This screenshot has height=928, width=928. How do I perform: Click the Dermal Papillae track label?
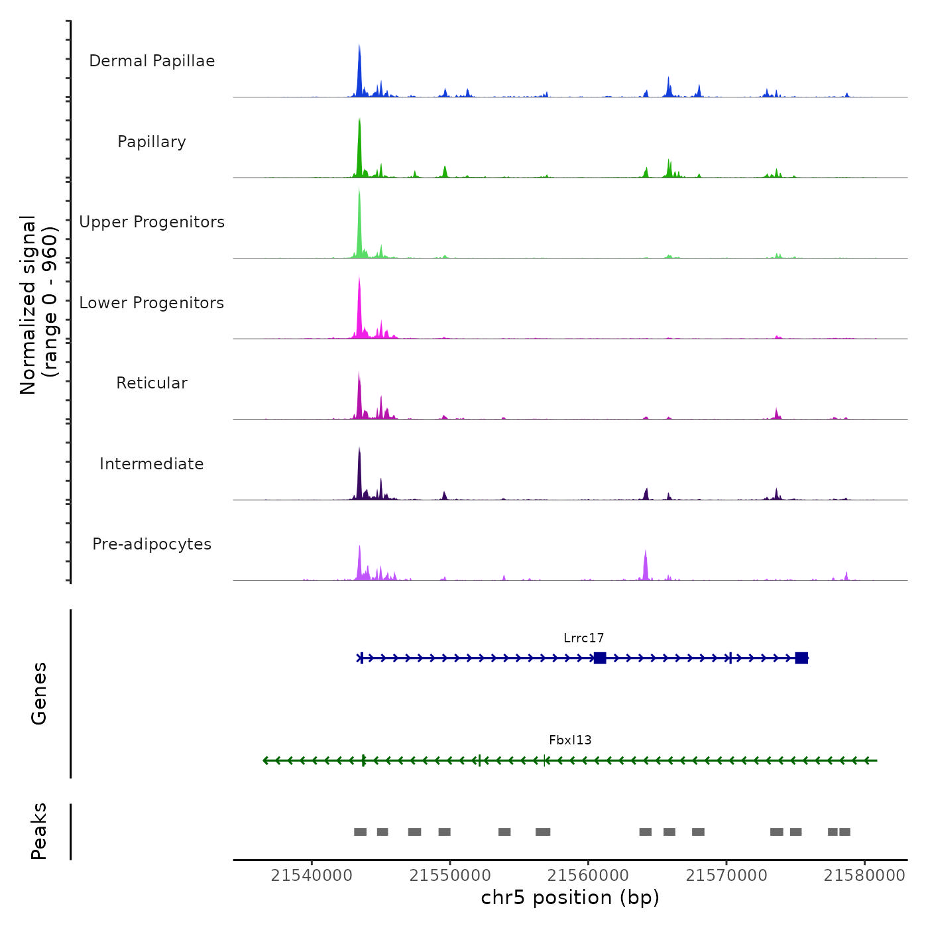(152, 61)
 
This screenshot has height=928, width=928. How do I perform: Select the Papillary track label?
(152, 142)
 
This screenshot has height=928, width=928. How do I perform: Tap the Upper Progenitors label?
(152, 222)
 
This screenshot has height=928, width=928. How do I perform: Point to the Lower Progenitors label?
(152, 303)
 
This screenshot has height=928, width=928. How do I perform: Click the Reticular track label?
(152, 383)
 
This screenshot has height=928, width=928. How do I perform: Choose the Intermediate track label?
(152, 464)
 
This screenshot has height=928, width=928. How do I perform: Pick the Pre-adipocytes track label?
(152, 544)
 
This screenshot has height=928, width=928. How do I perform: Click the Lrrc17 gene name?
(583, 638)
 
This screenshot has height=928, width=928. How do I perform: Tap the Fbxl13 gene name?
(570, 740)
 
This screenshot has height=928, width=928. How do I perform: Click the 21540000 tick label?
(312, 876)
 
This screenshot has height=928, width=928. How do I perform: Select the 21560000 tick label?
(588, 876)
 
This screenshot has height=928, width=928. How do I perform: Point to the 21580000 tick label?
(864, 876)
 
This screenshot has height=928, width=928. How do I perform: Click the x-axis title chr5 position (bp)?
(570, 898)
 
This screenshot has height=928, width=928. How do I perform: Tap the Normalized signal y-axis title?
(38, 305)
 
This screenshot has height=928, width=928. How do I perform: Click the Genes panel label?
(39, 693)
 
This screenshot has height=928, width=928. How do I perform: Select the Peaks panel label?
(39, 831)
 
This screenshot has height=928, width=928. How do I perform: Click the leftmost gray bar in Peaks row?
(360, 832)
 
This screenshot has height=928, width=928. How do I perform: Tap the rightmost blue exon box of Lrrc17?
(801, 658)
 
